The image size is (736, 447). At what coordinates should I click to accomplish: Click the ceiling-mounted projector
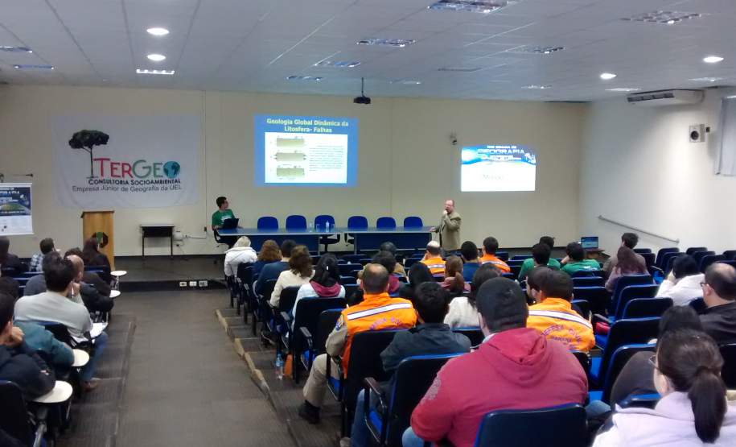[362, 99]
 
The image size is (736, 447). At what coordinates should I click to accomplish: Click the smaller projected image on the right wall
[498, 168]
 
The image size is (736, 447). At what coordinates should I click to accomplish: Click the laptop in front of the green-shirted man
[230, 223]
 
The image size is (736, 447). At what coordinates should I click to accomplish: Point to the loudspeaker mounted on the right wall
[697, 133]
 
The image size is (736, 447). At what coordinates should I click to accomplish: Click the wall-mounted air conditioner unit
[664, 97]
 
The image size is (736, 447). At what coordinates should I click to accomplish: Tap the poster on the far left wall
[15, 209]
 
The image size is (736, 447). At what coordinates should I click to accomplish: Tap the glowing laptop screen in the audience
[590, 242]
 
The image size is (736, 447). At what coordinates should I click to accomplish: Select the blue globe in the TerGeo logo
[171, 169]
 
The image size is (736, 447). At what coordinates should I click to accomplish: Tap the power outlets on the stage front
[193, 284]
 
